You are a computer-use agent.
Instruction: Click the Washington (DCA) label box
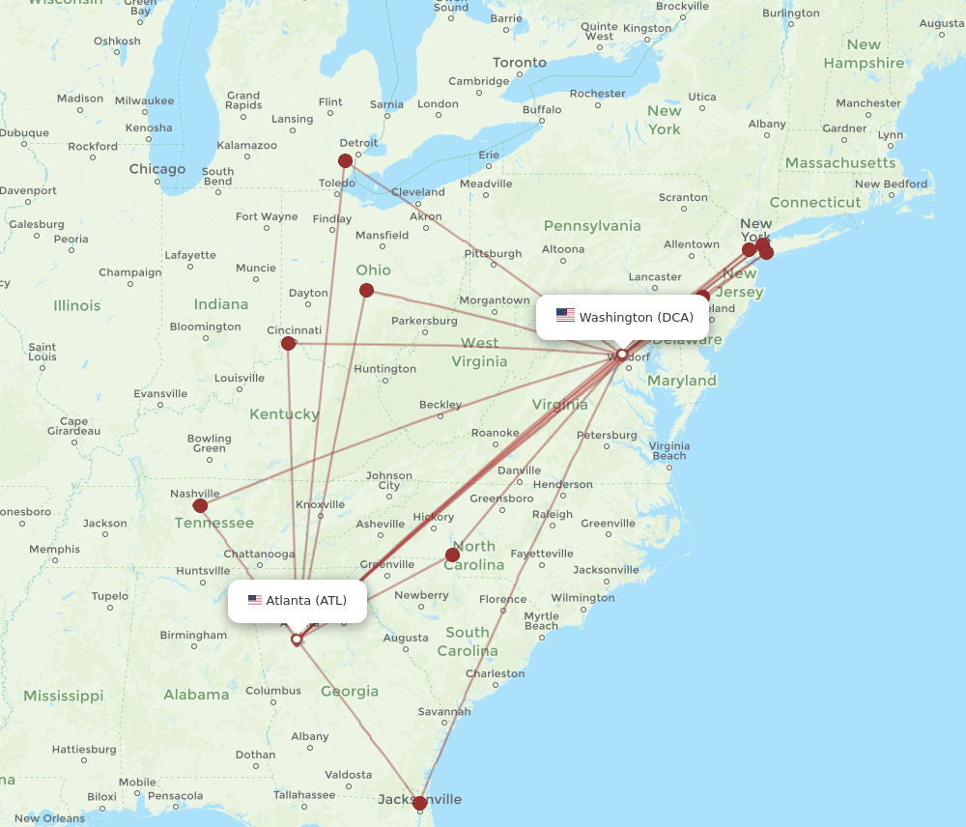(624, 317)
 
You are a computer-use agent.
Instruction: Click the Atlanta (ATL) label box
(298, 601)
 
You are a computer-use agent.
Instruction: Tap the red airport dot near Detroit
(346, 161)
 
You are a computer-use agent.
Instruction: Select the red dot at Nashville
(200, 505)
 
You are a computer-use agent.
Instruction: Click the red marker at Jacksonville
(419, 803)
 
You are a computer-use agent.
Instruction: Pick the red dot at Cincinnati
(288, 343)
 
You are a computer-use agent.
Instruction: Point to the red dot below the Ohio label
(366, 290)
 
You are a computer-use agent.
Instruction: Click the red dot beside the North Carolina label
(452, 555)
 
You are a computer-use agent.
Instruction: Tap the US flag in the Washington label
(565, 316)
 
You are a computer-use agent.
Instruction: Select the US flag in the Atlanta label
(255, 600)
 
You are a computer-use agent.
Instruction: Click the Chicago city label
(157, 169)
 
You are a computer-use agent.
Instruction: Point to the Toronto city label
(520, 63)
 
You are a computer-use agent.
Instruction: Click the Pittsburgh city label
(493, 254)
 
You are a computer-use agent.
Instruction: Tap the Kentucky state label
(284, 414)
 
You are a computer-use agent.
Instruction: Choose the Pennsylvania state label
(592, 226)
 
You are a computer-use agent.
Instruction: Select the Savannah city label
(445, 712)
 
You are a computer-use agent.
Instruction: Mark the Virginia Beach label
(669, 450)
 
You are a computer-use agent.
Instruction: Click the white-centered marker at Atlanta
(297, 639)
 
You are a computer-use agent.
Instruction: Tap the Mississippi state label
(64, 696)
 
